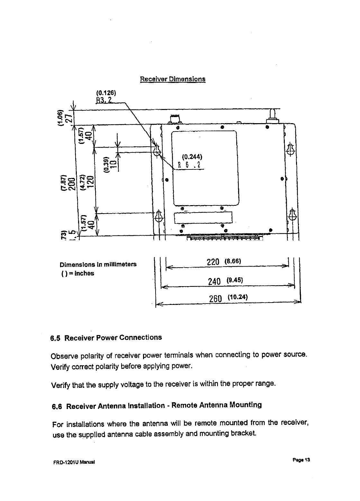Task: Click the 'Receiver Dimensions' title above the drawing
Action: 173,79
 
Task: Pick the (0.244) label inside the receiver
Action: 192,157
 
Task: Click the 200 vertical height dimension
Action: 71,184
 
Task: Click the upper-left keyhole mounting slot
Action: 157,150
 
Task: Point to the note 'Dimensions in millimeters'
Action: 98,265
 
